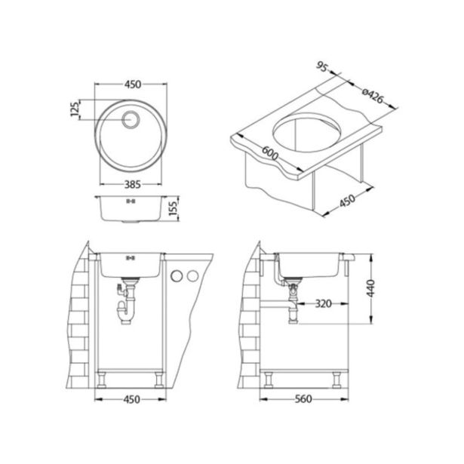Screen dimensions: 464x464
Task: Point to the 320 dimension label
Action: [x=323, y=306]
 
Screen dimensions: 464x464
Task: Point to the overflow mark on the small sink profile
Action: [x=130, y=201]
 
